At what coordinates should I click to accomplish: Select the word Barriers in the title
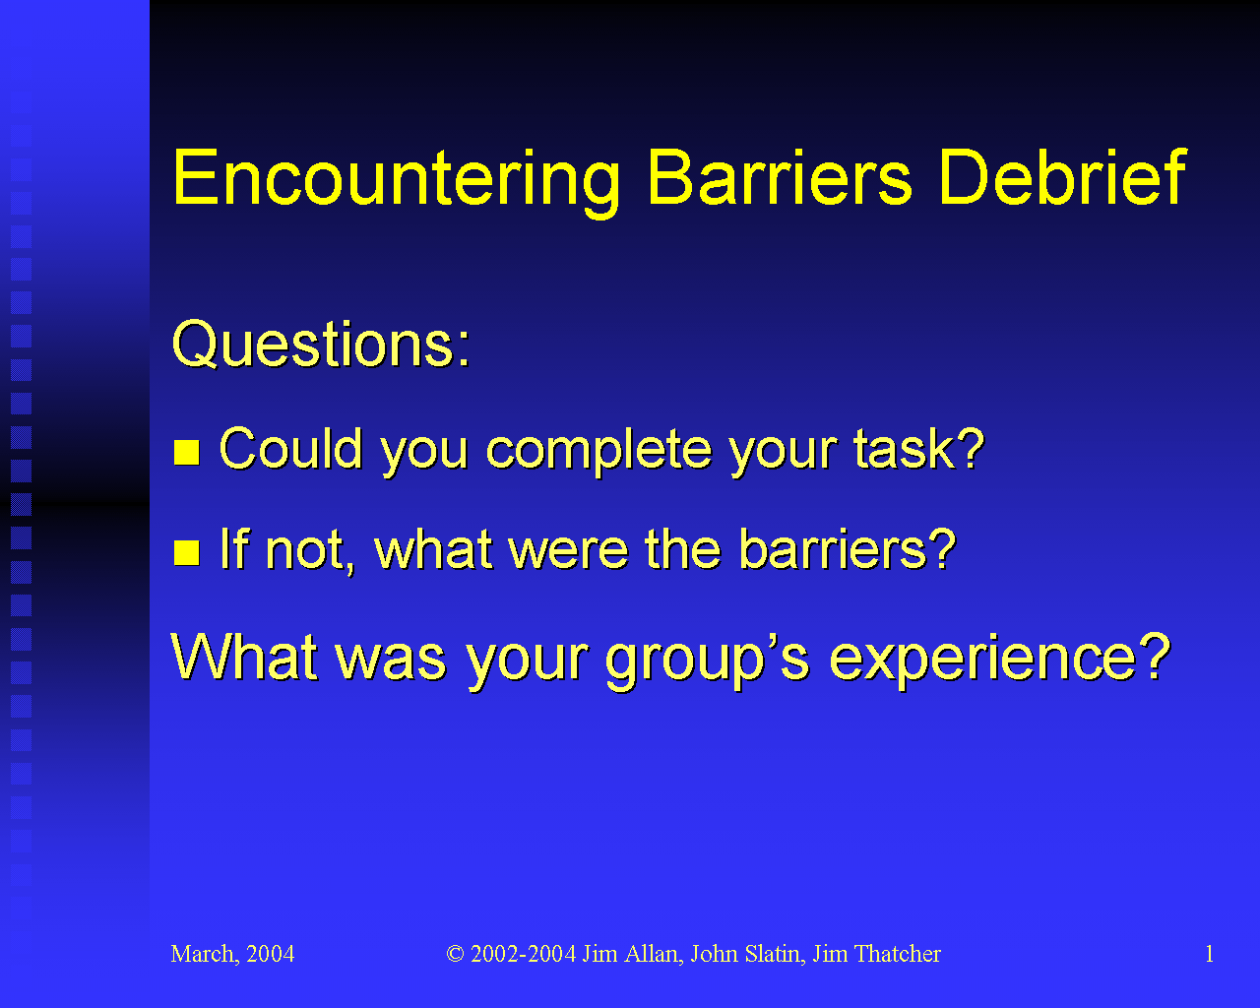click(x=780, y=176)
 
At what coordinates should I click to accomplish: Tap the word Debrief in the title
click(x=1062, y=176)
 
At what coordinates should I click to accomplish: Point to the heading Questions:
click(x=321, y=345)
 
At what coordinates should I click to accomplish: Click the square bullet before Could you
click(x=187, y=452)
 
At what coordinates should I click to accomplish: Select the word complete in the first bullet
click(x=598, y=452)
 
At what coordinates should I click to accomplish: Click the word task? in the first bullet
click(x=919, y=449)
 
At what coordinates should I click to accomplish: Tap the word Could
click(x=290, y=448)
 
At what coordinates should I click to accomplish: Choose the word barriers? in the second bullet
click(x=848, y=549)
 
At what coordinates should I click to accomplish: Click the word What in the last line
click(x=244, y=656)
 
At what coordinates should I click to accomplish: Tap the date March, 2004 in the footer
click(x=232, y=954)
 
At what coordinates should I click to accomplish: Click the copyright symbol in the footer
click(x=455, y=954)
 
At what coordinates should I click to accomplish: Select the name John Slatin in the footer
click(x=746, y=954)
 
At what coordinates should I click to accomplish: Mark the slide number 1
click(x=1209, y=954)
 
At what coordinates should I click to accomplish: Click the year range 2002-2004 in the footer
click(x=524, y=954)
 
